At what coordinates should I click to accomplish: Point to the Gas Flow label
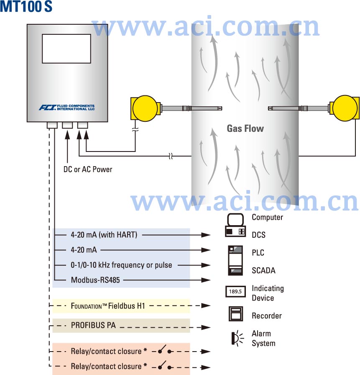tap(245, 128)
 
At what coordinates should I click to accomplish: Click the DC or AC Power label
tap(88, 170)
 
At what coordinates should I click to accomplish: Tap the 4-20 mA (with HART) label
tap(104, 235)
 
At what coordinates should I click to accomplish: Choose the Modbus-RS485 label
tap(95, 280)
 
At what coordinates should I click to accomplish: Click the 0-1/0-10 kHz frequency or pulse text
tap(121, 265)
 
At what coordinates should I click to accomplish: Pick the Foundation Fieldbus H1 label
tap(108, 306)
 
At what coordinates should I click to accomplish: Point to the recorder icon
tap(236, 314)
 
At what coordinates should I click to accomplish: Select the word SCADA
tap(263, 270)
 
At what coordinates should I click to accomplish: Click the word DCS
tap(258, 235)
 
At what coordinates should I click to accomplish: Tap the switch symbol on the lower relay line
tap(163, 366)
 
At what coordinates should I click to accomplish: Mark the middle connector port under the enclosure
tap(67, 125)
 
